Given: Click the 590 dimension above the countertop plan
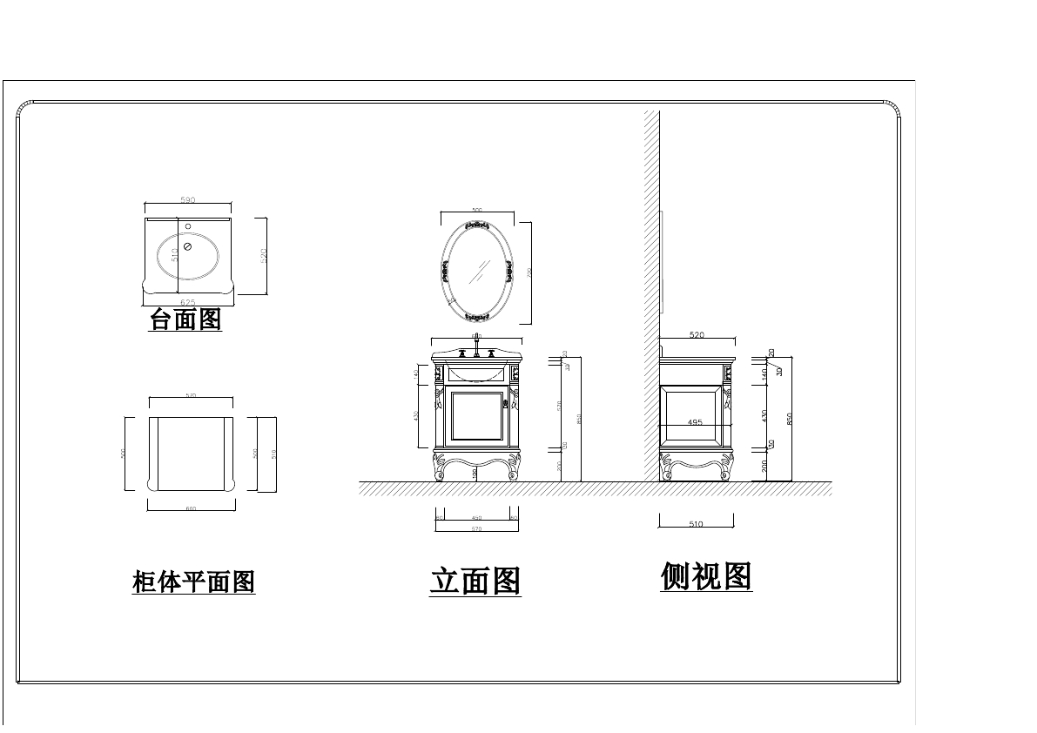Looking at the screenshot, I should point(188,200).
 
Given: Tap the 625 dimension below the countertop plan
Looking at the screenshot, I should point(188,302).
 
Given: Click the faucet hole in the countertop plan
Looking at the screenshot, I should point(188,227).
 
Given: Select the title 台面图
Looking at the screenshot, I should point(185,319).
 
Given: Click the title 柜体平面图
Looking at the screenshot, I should point(193,582).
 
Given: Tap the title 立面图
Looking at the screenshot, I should point(475,581).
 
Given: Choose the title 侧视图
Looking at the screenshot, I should point(706,576).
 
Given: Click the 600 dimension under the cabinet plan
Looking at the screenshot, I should point(191,508).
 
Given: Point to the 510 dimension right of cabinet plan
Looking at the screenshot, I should point(274,454).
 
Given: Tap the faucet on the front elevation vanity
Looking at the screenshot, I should point(476,351).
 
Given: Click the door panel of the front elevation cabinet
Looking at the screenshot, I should point(476,419).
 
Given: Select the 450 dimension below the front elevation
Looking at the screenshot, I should point(476,518).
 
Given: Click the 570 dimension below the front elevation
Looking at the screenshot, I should point(476,528).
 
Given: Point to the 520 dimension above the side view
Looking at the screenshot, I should point(697,335).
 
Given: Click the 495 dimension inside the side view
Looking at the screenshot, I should point(694,422).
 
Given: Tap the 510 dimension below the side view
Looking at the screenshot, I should point(696,524).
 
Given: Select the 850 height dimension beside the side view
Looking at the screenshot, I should point(790,419).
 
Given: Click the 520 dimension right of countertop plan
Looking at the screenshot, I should point(264,255).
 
